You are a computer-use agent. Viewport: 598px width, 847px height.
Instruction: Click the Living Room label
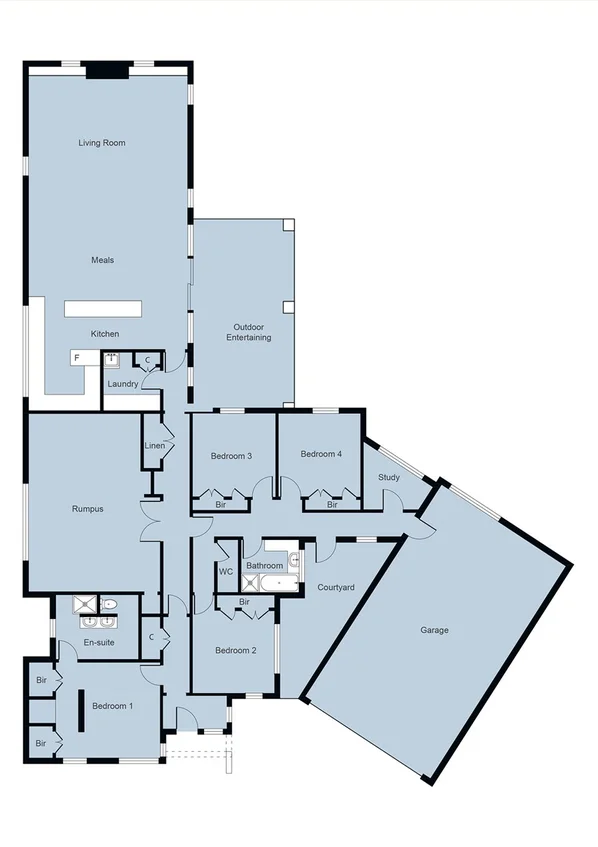coord(102,143)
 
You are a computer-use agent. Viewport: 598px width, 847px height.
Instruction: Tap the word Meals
coord(102,260)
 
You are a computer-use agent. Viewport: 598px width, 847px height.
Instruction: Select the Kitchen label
coord(105,334)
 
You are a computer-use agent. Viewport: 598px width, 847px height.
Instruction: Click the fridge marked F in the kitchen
coord(76,357)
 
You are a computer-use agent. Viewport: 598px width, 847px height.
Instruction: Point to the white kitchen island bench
coord(104,308)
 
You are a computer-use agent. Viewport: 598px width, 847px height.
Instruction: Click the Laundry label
coord(122,384)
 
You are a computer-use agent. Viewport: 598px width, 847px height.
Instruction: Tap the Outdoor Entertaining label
coord(252,333)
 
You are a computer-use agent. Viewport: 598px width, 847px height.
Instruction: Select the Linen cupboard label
coord(153,446)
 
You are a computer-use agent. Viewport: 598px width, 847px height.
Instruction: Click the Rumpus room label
coord(88,509)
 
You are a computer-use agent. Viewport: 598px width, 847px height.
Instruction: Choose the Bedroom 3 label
coord(231,457)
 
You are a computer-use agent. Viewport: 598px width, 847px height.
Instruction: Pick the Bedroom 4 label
coord(321,454)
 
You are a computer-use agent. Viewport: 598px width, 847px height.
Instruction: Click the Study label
coord(389,477)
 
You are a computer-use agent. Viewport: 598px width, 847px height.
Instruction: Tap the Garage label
coord(435,630)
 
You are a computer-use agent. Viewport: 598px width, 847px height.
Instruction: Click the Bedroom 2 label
coord(237,651)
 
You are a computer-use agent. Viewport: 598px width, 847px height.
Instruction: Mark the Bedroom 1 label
coord(112,706)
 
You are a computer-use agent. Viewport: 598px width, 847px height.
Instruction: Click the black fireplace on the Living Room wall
coord(106,70)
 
